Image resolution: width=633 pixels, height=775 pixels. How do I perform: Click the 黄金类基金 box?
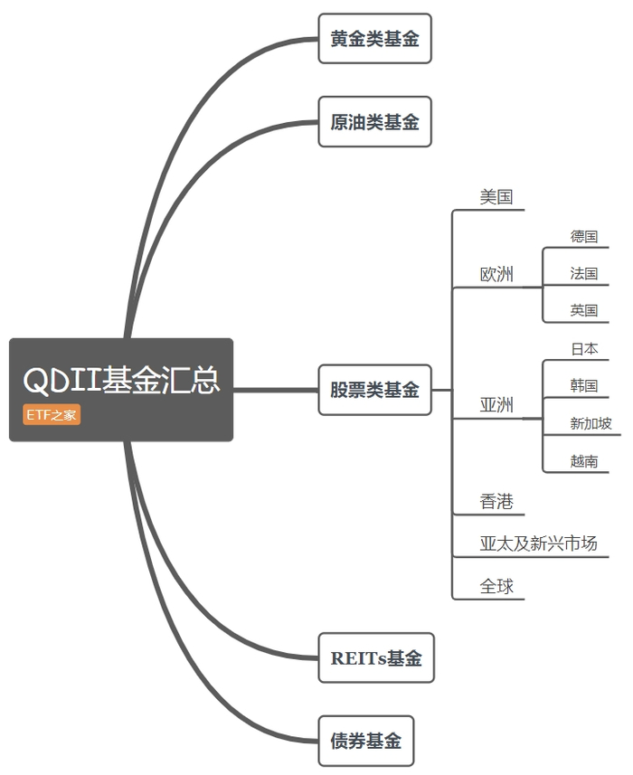pos(374,39)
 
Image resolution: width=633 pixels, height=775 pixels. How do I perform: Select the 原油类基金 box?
pos(374,121)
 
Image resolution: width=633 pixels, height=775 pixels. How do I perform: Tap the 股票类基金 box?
pos(374,390)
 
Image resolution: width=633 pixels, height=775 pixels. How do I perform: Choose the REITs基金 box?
pos(376,657)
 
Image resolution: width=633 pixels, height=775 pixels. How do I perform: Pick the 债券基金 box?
pos(365,741)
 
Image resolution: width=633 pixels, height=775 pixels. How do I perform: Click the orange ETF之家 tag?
pos(52,414)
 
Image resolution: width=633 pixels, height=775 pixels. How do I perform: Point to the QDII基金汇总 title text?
pos(121,380)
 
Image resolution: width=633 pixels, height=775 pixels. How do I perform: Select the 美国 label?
pos(496,197)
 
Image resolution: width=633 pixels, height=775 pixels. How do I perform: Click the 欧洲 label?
pos(496,274)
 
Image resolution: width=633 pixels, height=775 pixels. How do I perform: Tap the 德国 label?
pos(583,236)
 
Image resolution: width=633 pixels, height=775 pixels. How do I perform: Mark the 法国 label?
pos(583,273)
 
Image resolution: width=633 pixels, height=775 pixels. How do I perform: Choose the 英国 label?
pos(583,310)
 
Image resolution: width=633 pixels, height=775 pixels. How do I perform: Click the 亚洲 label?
pos(496,405)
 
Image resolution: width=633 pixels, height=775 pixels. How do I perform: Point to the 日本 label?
pos(584,349)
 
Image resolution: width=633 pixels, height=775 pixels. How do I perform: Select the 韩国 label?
pos(583,385)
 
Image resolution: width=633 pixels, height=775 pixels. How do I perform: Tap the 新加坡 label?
pos(590,423)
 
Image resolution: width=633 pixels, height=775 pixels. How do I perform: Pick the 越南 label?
pos(583,461)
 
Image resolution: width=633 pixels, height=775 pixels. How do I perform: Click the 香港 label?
pos(496,502)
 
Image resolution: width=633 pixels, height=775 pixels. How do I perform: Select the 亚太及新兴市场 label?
pos(538,543)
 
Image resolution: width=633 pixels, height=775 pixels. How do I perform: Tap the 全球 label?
pos(496,587)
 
